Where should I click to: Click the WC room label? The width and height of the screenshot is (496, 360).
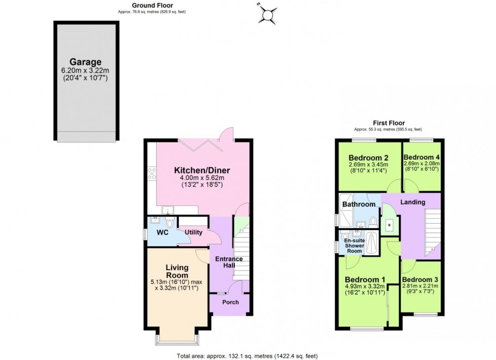point(162,233)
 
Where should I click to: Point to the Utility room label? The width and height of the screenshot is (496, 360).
point(193,233)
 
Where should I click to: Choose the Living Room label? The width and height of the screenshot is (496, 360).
point(177,271)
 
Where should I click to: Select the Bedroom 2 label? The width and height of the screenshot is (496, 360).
point(368,157)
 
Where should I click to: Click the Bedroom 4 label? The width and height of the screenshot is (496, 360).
point(422,157)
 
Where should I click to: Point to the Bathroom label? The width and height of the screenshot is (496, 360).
point(359,204)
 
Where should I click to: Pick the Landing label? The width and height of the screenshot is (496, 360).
point(412,202)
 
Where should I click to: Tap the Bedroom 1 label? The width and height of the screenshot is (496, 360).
point(365,280)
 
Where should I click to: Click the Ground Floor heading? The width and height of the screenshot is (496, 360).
point(152,6)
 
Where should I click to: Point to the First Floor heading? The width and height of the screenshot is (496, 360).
point(389,123)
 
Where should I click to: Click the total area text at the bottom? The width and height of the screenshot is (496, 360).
point(247,355)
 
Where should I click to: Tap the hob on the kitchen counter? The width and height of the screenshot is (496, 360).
point(151,174)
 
